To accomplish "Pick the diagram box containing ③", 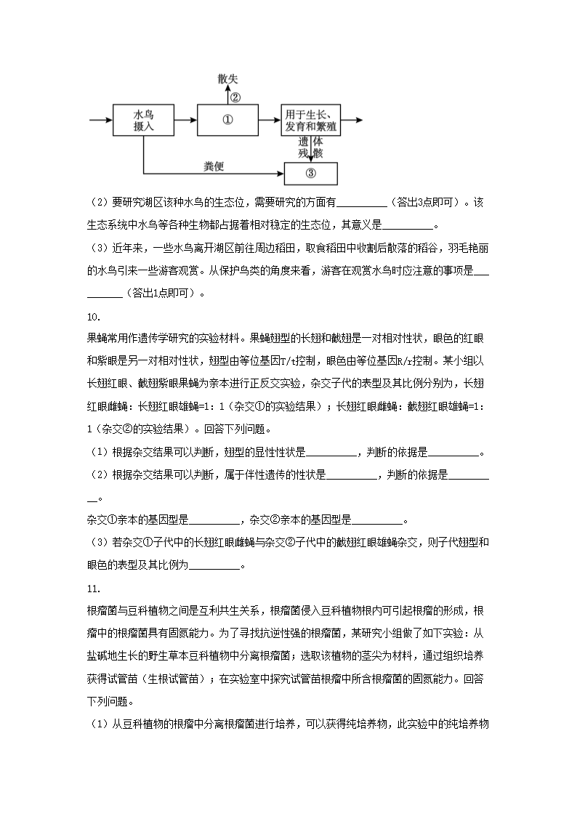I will click(x=310, y=173).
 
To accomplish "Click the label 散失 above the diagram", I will click(x=227, y=79).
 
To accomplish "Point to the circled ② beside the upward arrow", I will click(x=235, y=96).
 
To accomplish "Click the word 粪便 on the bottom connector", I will click(x=214, y=166).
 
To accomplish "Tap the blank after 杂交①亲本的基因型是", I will click(x=214, y=520).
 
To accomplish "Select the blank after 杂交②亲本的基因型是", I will click(x=376, y=520).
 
